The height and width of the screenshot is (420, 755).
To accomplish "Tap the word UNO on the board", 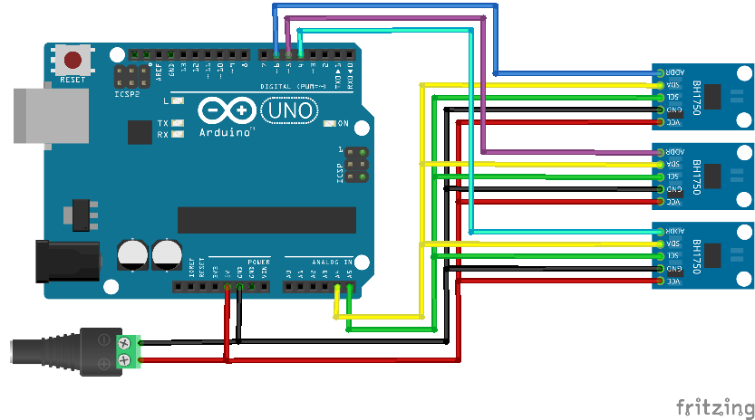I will click(x=290, y=111).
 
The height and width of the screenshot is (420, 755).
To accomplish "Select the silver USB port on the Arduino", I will click(x=45, y=115).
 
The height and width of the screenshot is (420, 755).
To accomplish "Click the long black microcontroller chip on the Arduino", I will click(x=266, y=220).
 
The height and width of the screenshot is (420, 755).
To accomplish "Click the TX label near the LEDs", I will click(x=163, y=123).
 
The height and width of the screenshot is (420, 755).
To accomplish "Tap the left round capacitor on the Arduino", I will click(x=133, y=253).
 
